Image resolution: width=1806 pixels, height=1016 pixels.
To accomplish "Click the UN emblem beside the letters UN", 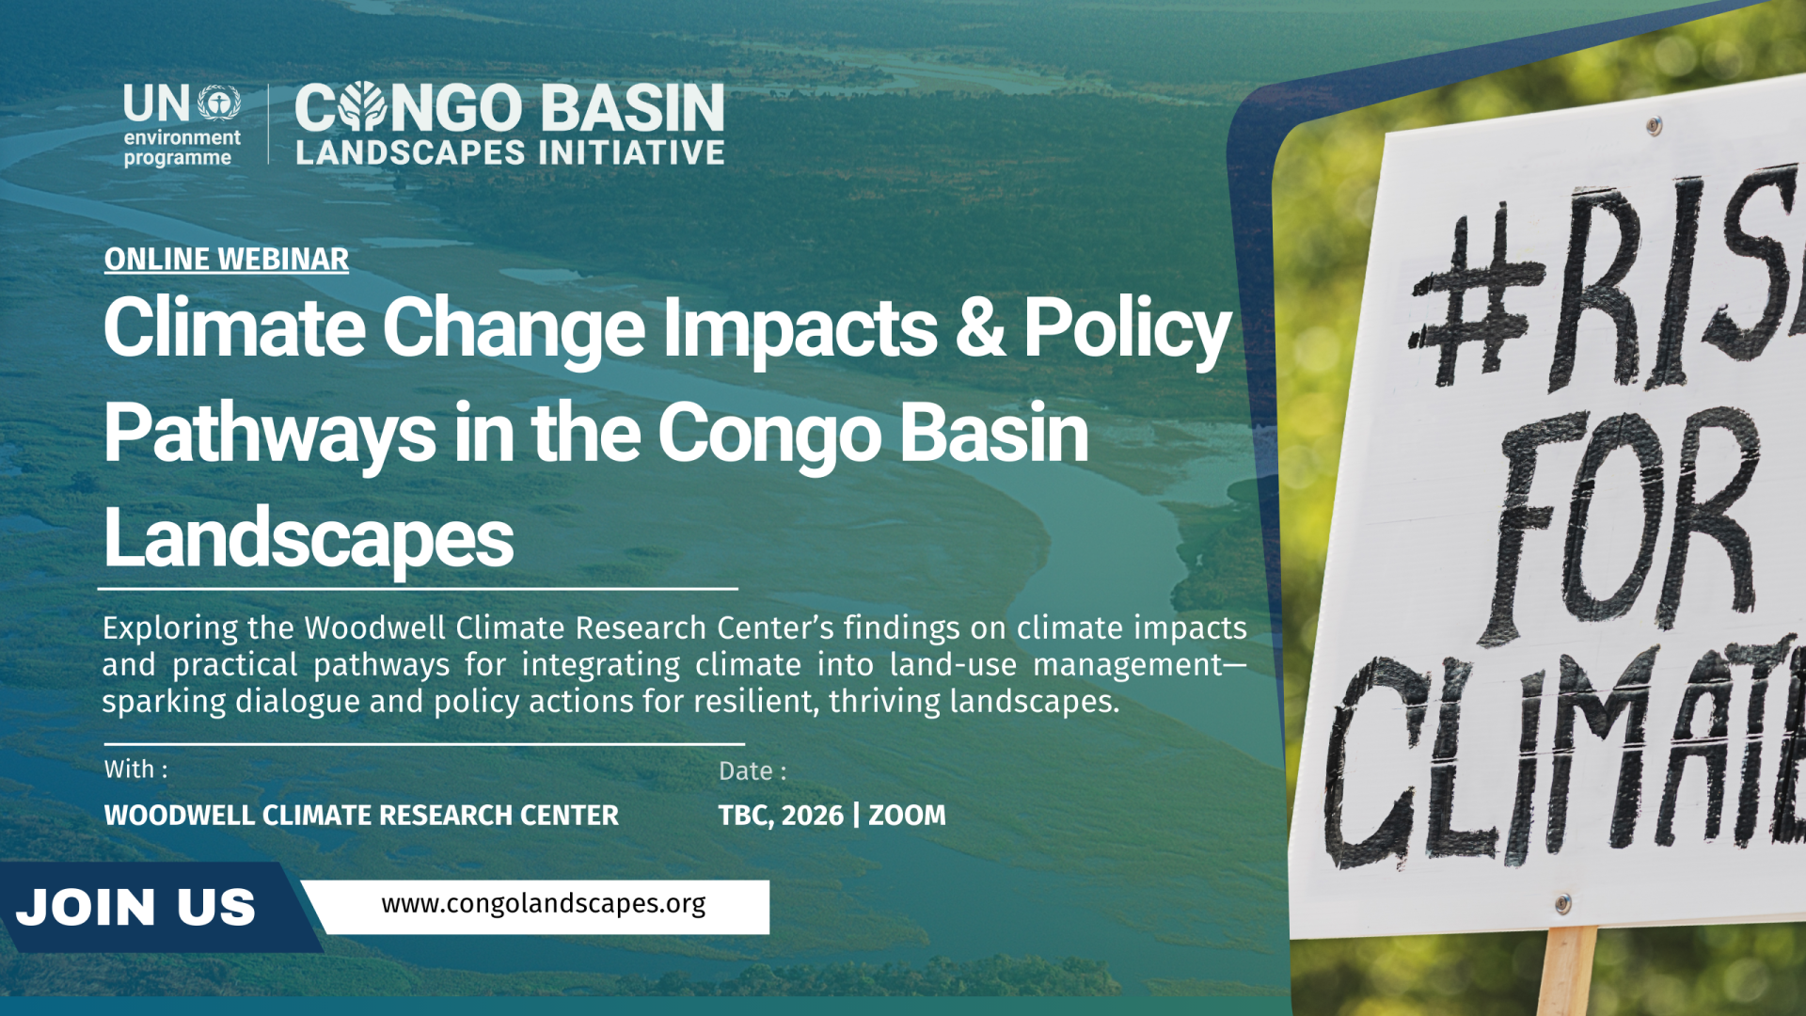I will click(x=219, y=103).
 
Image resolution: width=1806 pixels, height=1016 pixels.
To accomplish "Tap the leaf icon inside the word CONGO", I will click(x=362, y=106).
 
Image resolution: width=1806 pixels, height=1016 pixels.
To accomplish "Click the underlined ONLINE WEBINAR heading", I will click(x=226, y=260).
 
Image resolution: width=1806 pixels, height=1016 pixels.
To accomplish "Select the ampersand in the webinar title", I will click(x=979, y=327).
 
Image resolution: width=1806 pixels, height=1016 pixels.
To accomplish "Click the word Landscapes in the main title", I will click(x=309, y=538).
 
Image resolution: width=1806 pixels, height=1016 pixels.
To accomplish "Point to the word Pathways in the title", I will click(x=269, y=434).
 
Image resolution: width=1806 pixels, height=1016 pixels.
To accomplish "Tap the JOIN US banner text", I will click(x=136, y=908).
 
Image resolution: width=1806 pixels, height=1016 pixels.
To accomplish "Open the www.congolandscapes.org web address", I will click(x=544, y=904).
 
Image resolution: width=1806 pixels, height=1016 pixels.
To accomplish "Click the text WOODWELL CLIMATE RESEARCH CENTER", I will click(x=361, y=816).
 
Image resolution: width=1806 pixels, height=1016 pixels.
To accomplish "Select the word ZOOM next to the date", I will click(x=907, y=816).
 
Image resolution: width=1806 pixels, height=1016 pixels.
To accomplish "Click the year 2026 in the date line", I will click(x=812, y=816).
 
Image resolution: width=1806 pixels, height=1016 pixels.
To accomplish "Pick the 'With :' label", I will click(x=136, y=770).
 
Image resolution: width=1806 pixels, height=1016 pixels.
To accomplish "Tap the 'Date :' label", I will click(x=752, y=771).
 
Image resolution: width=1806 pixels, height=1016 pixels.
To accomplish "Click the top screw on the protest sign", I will click(x=1654, y=126).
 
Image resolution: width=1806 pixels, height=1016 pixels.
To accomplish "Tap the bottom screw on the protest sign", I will click(x=1562, y=904).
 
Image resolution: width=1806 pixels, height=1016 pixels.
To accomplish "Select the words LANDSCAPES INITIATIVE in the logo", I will click(x=510, y=152).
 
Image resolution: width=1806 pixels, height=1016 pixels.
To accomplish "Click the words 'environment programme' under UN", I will click(x=182, y=148).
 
